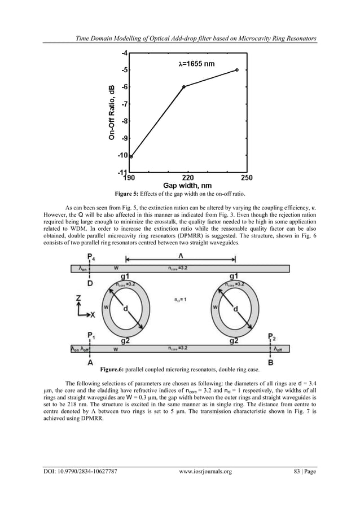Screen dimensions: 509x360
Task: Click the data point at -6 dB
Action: pos(183,86)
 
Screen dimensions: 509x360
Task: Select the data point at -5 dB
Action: pos(236,69)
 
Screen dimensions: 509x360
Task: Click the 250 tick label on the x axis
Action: pos(247,177)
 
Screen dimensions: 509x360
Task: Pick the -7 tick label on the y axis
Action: pos(124,104)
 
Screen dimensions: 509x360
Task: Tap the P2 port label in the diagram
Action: pos(273,337)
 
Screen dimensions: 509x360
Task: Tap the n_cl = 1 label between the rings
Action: pos(179,300)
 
